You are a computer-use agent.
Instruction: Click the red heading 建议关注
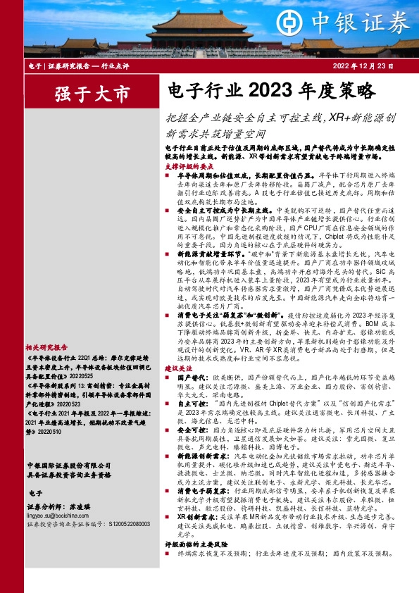click(177, 368)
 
